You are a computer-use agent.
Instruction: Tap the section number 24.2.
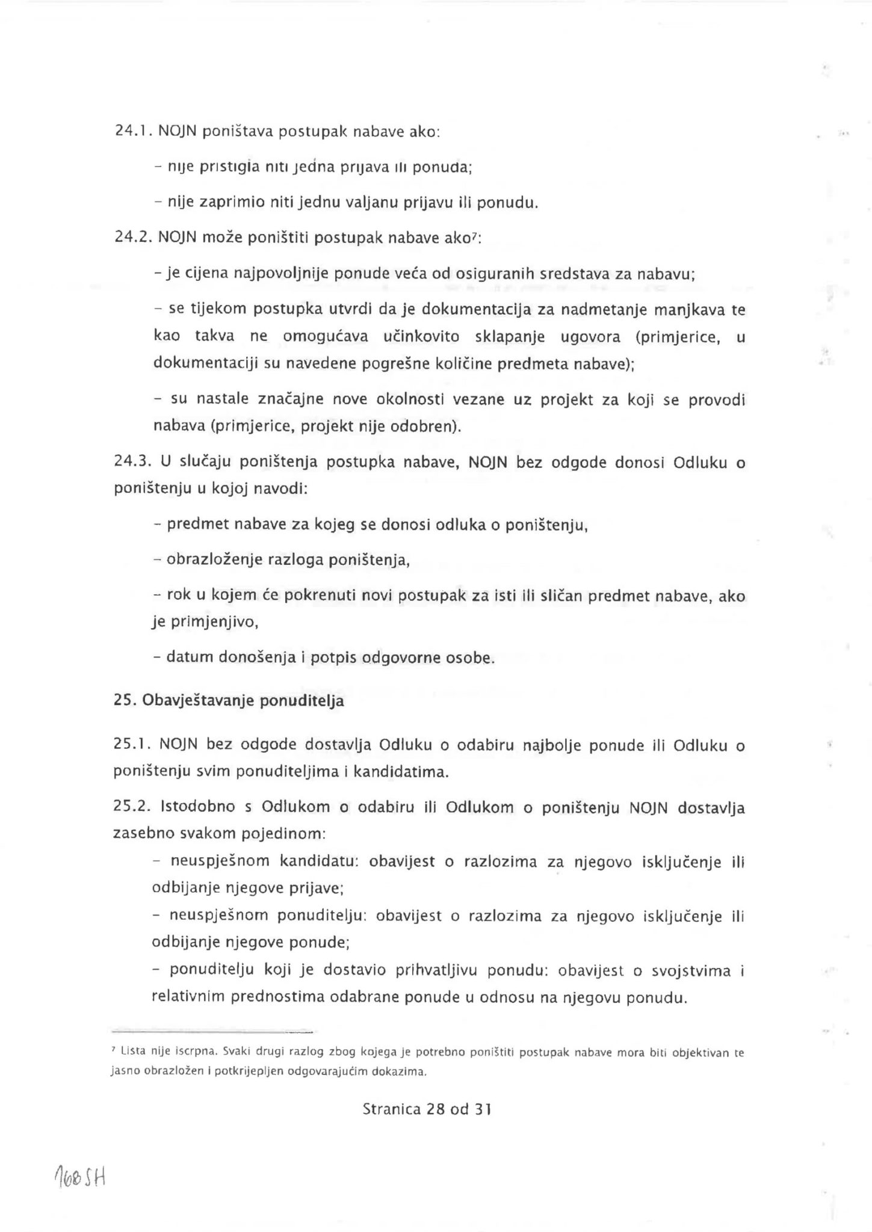pos(133,238)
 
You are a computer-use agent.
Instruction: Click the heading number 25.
pos(123,701)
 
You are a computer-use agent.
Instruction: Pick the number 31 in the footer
pos(483,1109)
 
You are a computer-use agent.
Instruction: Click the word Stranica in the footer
pos(391,1109)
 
